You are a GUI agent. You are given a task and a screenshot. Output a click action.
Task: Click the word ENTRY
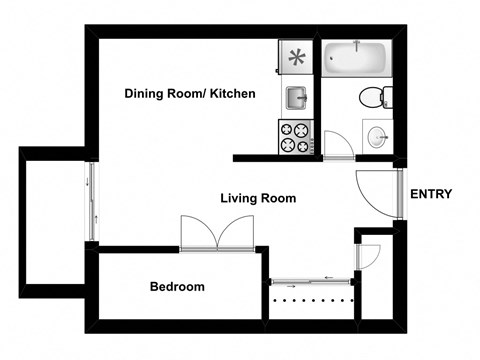[x=431, y=195]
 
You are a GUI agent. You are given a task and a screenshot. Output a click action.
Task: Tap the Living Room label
[x=258, y=198]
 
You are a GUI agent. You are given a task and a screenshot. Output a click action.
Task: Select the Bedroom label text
[x=177, y=287]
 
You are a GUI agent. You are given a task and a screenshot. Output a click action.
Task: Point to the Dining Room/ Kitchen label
[x=190, y=94]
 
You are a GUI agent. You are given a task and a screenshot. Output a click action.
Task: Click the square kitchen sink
[x=296, y=97]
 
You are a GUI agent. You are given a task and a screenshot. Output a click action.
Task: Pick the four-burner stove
[x=294, y=137]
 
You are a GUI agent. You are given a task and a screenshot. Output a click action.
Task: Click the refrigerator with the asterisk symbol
[x=297, y=57]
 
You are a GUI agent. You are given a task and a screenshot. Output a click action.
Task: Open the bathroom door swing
[x=335, y=143]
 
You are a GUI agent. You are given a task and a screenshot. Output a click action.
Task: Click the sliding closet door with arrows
[x=312, y=281]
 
